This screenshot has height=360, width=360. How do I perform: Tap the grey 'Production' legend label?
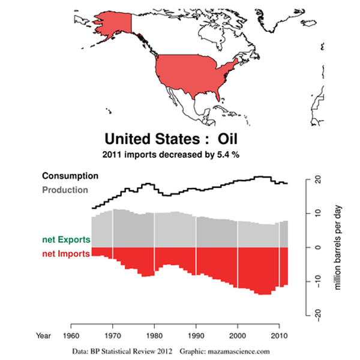pyautogui.click(x=65, y=190)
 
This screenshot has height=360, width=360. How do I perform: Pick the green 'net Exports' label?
pyautogui.click(x=66, y=239)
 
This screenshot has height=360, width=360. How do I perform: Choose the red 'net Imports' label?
pyautogui.click(x=65, y=254)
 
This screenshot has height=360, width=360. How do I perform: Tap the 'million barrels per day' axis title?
pyautogui.click(x=338, y=246)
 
